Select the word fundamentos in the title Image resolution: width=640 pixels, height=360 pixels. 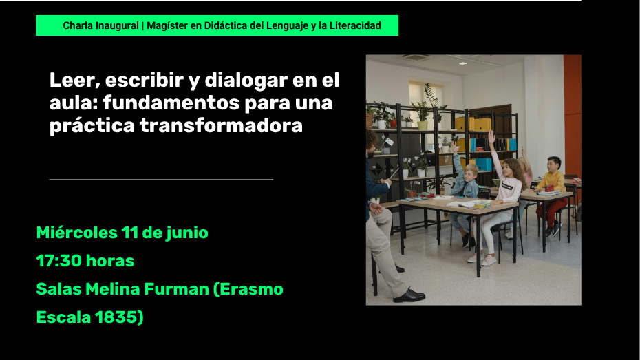[171, 103]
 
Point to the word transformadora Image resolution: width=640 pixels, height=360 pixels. [221, 125]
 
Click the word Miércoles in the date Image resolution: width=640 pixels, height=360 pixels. [77, 233]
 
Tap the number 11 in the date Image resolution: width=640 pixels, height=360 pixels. [130, 233]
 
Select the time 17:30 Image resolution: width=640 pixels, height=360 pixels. [59, 261]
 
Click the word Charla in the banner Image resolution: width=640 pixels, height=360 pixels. [78, 25]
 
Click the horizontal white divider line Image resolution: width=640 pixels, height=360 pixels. [161, 179]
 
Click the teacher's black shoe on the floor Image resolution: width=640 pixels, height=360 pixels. [409, 295]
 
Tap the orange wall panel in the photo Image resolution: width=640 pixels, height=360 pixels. [573, 116]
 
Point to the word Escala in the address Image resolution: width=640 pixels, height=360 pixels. [63, 317]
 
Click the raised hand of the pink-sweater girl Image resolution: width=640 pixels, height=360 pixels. [491, 137]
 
